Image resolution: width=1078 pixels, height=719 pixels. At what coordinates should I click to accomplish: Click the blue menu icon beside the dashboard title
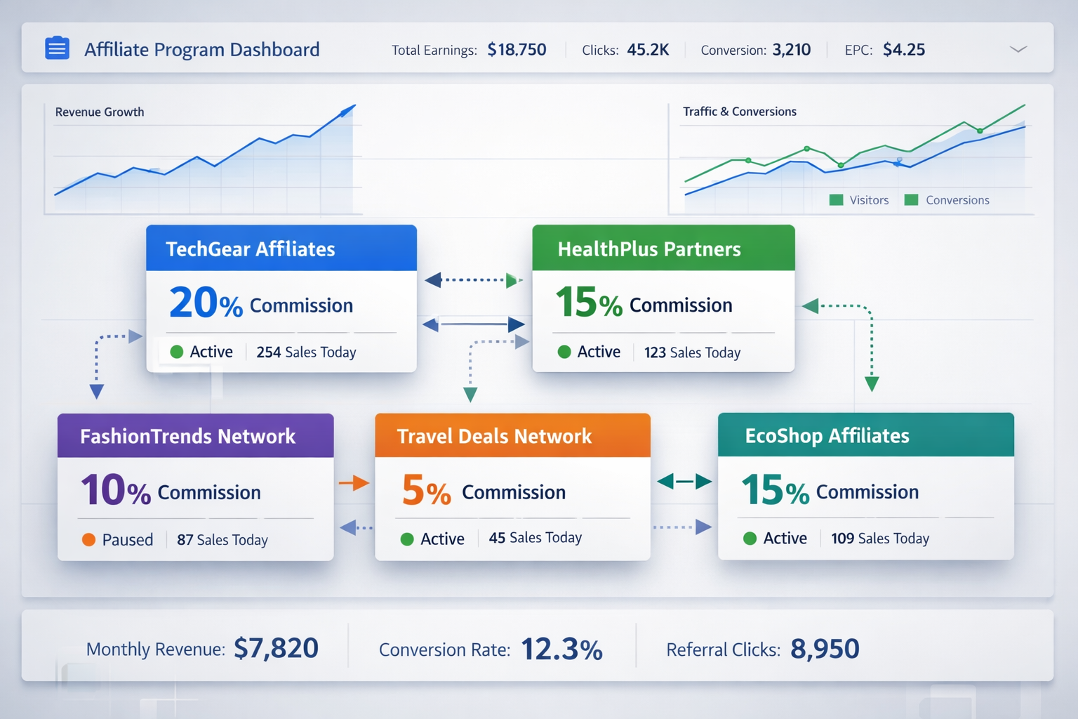point(57,48)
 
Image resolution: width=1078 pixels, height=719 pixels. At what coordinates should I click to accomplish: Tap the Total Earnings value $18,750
point(517,50)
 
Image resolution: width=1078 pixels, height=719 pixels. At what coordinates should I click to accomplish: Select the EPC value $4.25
point(904,50)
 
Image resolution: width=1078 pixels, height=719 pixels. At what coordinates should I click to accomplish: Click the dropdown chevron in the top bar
point(1018,49)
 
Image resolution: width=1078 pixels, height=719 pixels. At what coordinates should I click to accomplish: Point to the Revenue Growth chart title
point(100,112)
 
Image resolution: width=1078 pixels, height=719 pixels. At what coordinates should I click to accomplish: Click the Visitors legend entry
point(860,200)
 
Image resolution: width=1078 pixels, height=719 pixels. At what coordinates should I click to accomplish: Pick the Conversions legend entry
point(947,200)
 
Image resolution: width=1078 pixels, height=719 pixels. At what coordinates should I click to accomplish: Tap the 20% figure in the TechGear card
point(206,303)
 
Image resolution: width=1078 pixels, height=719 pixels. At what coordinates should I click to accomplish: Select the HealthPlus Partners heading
point(649,249)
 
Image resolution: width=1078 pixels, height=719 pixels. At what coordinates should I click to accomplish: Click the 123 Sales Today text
point(692,352)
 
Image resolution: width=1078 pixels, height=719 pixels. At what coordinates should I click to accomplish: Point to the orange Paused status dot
point(89,539)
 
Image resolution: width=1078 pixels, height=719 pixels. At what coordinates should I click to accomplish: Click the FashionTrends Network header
point(188,436)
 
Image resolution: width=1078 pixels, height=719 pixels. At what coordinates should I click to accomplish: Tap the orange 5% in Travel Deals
point(426,491)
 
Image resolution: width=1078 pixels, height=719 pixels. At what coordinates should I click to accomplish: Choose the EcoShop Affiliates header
point(827,436)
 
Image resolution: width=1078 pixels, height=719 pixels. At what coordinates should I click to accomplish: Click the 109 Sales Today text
point(880,539)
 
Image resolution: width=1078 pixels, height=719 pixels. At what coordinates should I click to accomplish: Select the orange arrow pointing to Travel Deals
point(354,483)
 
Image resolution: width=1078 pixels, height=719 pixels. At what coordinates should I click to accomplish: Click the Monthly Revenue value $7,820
point(276,648)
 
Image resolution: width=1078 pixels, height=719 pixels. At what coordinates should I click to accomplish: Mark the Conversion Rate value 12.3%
point(561,649)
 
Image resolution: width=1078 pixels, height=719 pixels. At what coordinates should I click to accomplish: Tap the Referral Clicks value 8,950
point(825,649)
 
